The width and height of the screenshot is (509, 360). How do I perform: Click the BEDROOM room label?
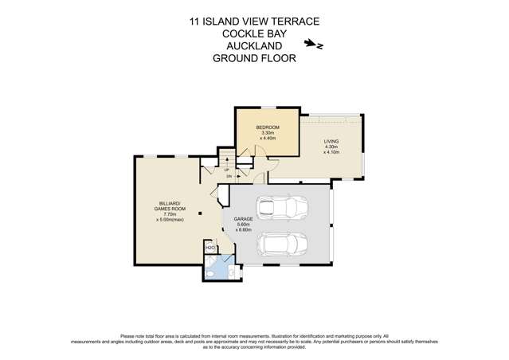tap(267, 127)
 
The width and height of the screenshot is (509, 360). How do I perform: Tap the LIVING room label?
tap(331, 141)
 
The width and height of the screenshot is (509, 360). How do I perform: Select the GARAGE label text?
tap(243, 218)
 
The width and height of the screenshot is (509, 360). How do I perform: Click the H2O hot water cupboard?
tap(210, 248)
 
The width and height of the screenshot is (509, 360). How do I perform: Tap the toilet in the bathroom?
tap(209, 272)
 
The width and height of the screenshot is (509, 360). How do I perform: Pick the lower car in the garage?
tap(280, 245)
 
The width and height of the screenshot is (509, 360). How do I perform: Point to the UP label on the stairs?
tap(227, 170)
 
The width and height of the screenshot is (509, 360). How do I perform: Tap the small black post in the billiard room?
tap(201, 213)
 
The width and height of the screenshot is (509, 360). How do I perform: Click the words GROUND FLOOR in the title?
tap(254, 57)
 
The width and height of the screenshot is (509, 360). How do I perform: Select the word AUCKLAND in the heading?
tap(254, 46)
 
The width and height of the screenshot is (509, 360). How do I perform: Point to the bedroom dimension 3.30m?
tap(267, 133)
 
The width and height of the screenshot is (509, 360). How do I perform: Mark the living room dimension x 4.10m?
tap(331, 152)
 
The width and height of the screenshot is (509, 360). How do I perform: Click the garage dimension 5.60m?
tap(243, 224)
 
